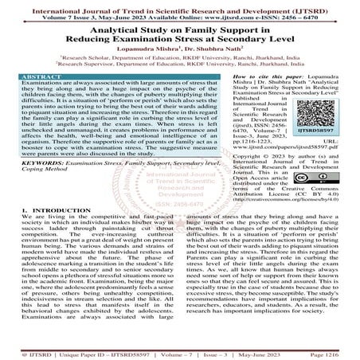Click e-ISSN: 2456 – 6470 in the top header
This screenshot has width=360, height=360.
tap(306, 14)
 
